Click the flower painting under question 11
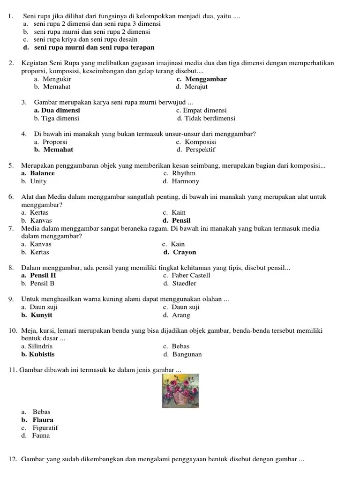180,390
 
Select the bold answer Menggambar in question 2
206,79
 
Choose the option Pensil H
43,276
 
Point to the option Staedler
184,284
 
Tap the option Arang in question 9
181,315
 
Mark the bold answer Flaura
43,420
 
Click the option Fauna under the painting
41,436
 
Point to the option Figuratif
45,428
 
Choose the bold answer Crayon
185,252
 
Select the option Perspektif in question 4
201,150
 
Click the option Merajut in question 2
196,87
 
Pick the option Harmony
185,181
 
